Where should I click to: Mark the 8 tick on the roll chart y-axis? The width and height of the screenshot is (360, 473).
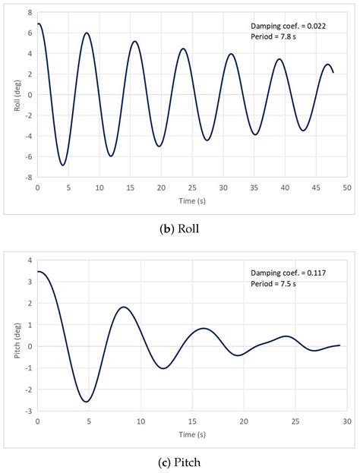[30, 13]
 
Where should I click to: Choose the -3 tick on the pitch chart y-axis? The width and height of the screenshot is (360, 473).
[28, 411]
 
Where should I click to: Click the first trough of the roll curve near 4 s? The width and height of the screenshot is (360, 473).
[63, 165]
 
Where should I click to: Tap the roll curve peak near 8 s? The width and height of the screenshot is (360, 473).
[87, 33]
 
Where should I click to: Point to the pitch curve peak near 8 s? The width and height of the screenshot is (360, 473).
[124, 307]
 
